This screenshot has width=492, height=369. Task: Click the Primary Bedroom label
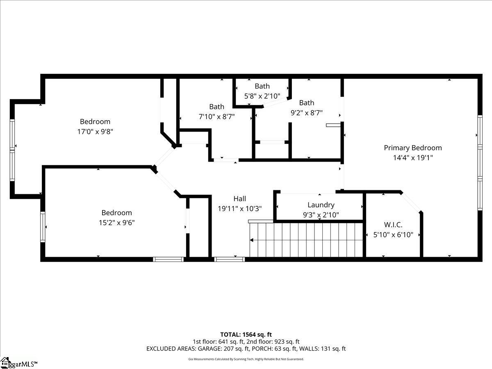click(x=412, y=148)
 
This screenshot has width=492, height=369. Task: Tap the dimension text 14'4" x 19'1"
click(x=412, y=157)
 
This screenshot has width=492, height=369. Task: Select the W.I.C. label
click(x=393, y=225)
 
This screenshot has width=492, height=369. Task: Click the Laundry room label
click(x=321, y=205)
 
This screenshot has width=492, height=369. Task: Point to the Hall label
click(x=240, y=198)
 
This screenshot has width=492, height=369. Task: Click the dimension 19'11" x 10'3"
click(x=240, y=209)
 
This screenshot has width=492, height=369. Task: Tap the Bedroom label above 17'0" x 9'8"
click(x=95, y=121)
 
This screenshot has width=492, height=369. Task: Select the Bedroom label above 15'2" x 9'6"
click(x=116, y=212)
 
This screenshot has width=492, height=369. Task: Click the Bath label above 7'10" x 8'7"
click(x=216, y=107)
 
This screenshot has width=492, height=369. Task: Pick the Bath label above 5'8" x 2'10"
click(x=262, y=86)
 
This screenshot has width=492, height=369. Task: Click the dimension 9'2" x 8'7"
click(x=306, y=113)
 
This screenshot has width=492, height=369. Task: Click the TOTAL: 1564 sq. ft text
click(x=246, y=335)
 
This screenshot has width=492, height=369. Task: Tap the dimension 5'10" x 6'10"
click(x=393, y=235)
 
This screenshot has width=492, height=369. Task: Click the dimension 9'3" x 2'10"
click(x=321, y=214)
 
